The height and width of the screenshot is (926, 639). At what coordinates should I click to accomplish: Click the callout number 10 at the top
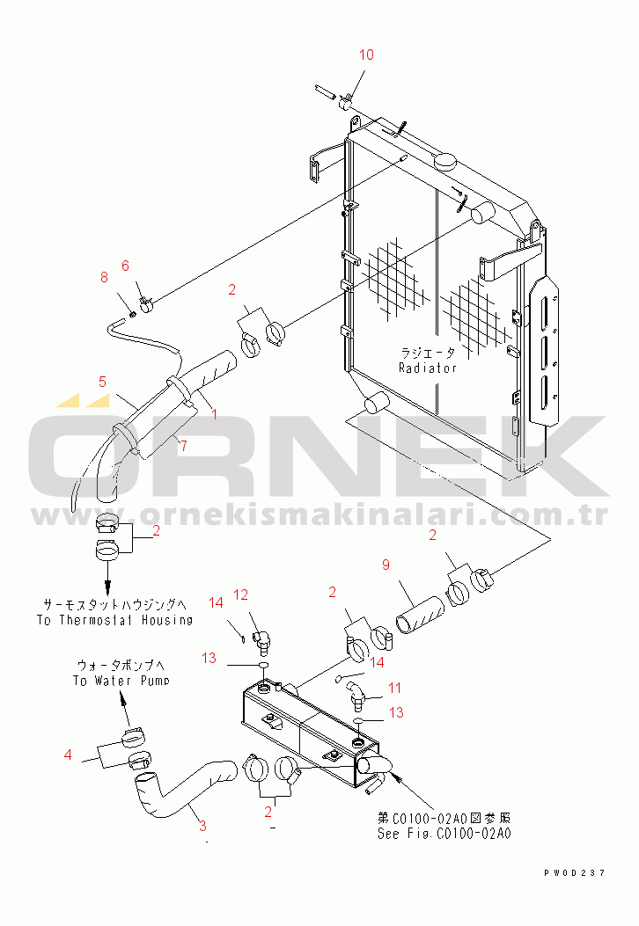pyautogui.click(x=366, y=55)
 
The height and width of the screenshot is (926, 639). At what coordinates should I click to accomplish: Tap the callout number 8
pyautogui.click(x=104, y=278)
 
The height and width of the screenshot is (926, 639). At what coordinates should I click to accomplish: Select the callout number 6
pyautogui.click(x=125, y=265)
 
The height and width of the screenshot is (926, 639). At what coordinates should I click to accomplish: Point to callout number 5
pyautogui.click(x=102, y=382)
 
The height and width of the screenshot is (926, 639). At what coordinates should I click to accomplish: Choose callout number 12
pyautogui.click(x=241, y=595)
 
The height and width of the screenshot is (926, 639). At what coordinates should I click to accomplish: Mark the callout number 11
pyautogui.click(x=395, y=688)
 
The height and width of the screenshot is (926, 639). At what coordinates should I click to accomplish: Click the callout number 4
pyautogui.click(x=68, y=753)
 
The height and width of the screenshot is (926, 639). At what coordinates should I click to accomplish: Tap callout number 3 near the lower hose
pyautogui.click(x=202, y=826)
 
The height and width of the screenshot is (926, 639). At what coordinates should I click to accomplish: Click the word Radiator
pyautogui.click(x=428, y=368)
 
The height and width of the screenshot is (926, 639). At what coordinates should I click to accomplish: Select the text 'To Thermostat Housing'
pyautogui.click(x=114, y=619)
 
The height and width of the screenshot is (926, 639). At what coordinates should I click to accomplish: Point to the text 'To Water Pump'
pyautogui.click(x=121, y=681)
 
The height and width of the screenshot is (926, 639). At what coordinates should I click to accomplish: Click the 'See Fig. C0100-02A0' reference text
pyautogui.click(x=444, y=834)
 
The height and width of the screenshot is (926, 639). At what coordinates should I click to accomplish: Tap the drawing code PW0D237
pyautogui.click(x=575, y=872)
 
